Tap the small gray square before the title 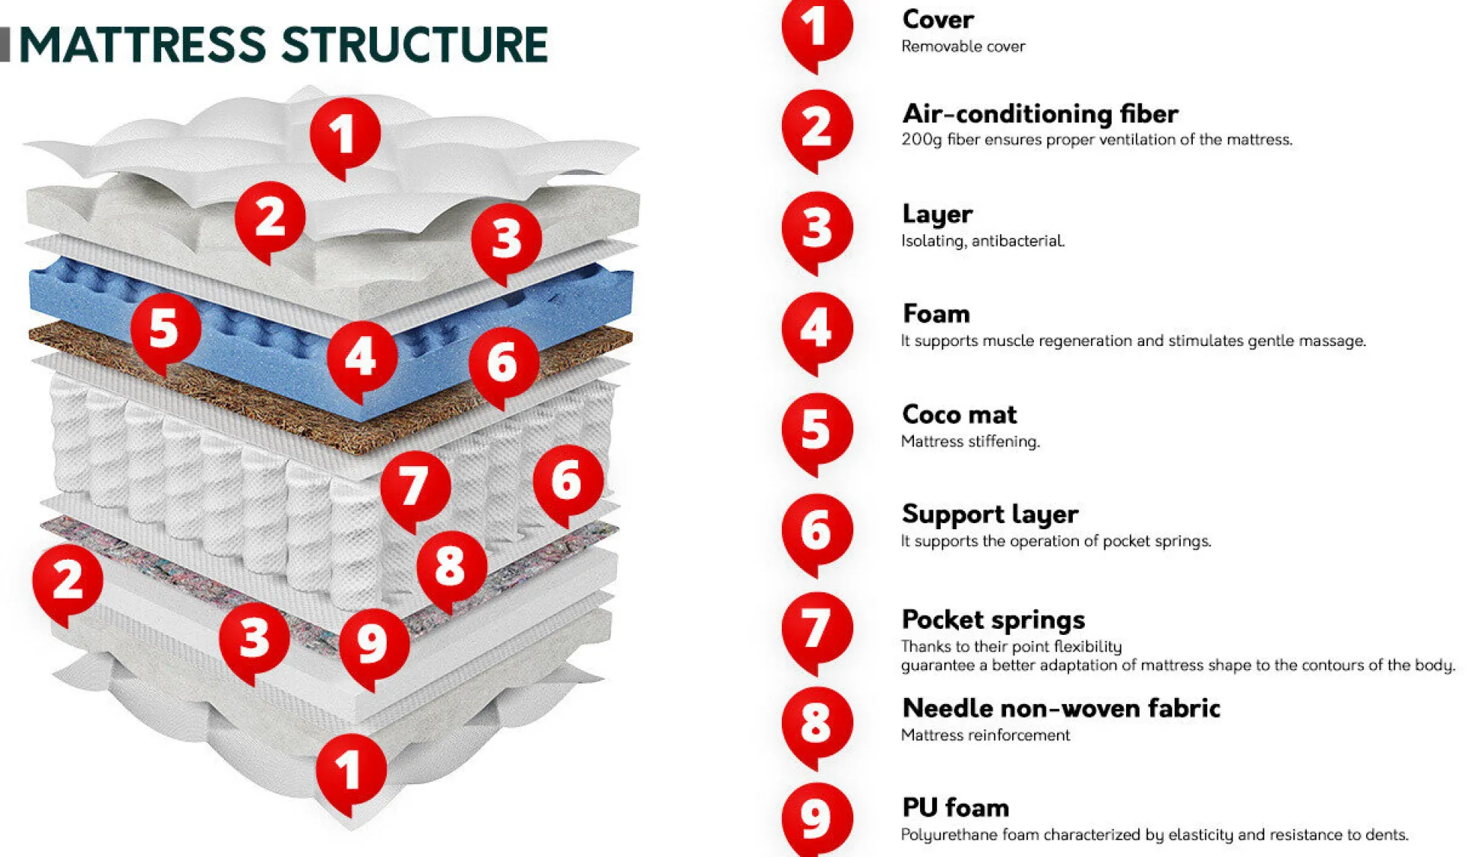pyautogui.click(x=5, y=44)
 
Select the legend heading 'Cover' pyautogui.click(x=938, y=20)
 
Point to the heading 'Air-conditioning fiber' pyautogui.click(x=1039, y=114)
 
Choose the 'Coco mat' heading pyautogui.click(x=959, y=414)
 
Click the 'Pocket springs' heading pyautogui.click(x=992, y=620)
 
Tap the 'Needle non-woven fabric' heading pyautogui.click(x=1061, y=709)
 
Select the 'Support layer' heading pyautogui.click(x=989, y=515)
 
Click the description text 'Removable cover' pyautogui.click(x=963, y=47)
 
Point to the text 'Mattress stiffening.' pyautogui.click(x=969, y=442)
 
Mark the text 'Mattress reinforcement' pyautogui.click(x=985, y=735)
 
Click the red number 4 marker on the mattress pyautogui.click(x=362, y=356)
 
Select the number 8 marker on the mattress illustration pyautogui.click(x=451, y=566)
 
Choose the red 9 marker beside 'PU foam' pyautogui.click(x=817, y=818)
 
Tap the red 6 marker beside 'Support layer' pyautogui.click(x=817, y=529)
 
